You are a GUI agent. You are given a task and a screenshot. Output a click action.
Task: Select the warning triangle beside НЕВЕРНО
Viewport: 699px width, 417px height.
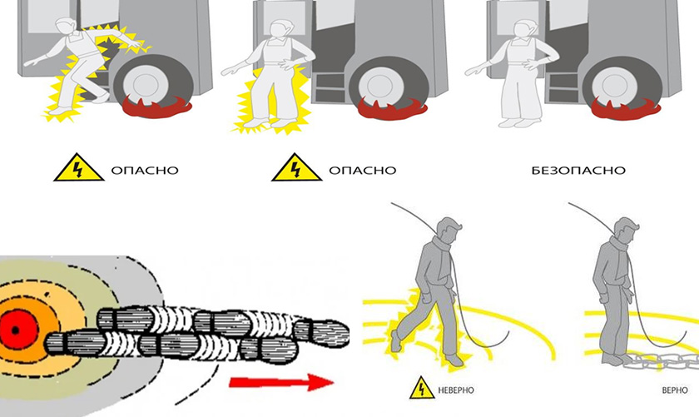click(422, 388)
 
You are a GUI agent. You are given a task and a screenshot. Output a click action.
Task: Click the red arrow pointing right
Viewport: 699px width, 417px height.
click(280, 382)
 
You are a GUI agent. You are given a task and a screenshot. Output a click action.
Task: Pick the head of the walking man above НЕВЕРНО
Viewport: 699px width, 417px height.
click(449, 227)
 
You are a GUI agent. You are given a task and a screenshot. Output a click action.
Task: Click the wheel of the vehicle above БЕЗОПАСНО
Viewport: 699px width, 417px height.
click(616, 83)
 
